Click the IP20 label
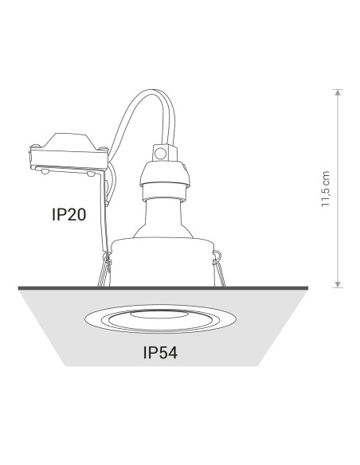coord(68,214)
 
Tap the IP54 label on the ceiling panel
coord(160,353)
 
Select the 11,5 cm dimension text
coord(326,189)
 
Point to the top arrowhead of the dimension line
coord(338,92)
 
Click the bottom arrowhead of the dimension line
coord(338,285)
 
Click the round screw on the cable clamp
coord(160,154)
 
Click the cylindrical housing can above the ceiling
coord(162,263)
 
